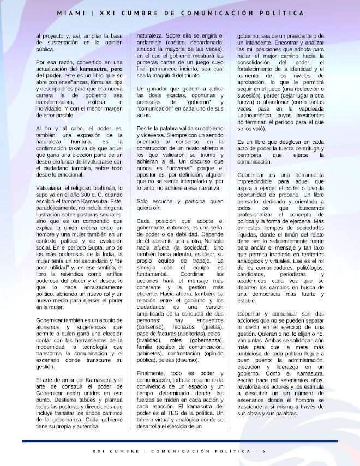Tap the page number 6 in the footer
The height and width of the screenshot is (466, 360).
pos(264,451)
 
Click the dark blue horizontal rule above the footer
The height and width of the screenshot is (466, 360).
pos(180,441)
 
